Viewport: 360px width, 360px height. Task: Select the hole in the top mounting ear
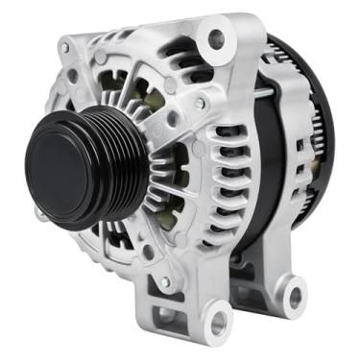point(215,38)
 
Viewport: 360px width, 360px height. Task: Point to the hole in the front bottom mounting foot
point(220,318)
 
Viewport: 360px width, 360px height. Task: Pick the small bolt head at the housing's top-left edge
point(64,47)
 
